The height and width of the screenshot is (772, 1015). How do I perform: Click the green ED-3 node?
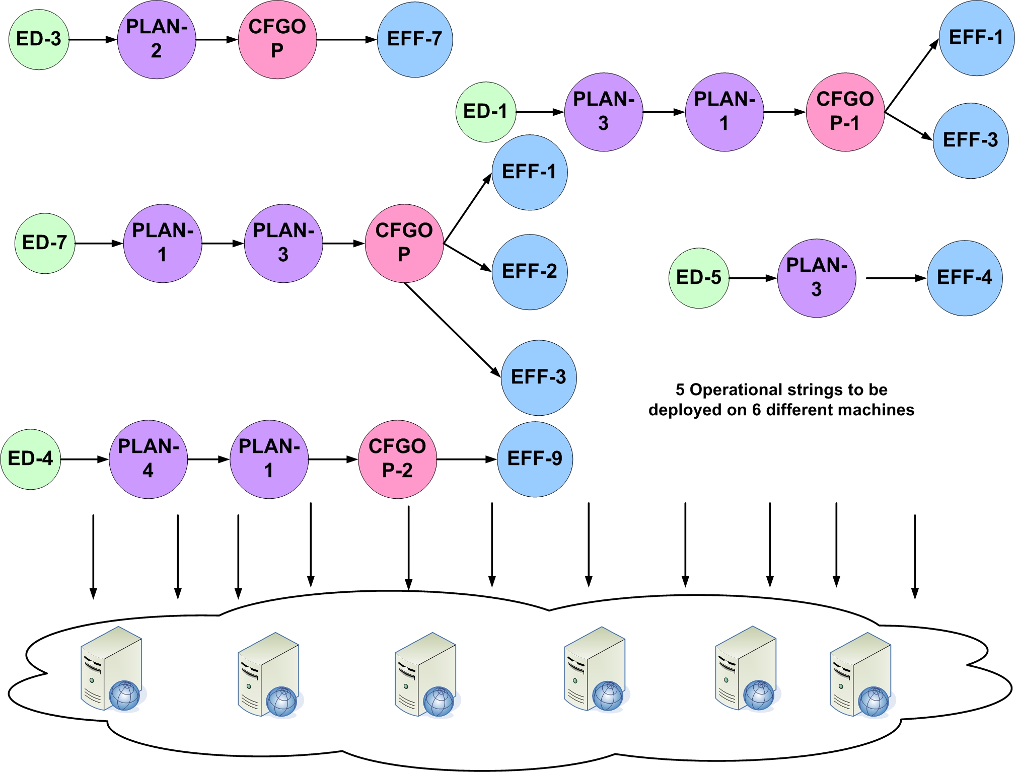tap(39, 39)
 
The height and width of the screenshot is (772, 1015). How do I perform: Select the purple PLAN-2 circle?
tap(157, 39)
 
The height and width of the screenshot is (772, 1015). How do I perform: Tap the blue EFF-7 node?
tap(415, 39)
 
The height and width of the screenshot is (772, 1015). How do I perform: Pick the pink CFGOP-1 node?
tap(845, 112)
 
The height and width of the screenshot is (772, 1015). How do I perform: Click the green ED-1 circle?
tap(486, 112)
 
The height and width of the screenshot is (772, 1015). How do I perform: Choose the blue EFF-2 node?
tap(530, 272)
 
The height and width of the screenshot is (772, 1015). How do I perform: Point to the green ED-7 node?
tap(45, 243)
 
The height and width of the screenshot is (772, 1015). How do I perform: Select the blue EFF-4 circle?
tap(965, 278)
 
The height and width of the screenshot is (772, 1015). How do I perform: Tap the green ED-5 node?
tap(699, 278)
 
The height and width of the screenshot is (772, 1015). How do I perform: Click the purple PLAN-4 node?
tap(149, 459)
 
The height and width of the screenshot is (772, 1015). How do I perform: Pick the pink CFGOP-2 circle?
tap(397, 459)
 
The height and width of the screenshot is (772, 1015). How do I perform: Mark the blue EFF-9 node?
tap(535, 459)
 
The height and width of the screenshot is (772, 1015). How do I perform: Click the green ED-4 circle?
tap(31, 459)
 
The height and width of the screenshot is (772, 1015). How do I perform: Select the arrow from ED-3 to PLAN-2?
tap(93, 39)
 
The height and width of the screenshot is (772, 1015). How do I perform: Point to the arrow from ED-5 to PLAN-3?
tap(753, 278)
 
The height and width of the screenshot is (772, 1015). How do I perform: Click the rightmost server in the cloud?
tap(861, 674)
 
